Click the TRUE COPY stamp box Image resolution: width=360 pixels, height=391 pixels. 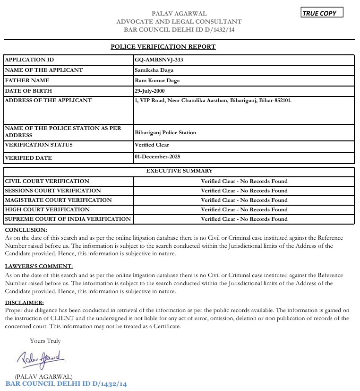coord(322,13)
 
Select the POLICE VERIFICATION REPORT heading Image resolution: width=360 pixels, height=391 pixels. coord(163,47)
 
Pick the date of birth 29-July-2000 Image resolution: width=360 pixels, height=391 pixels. coord(150,91)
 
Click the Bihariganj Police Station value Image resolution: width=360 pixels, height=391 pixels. coord(165,132)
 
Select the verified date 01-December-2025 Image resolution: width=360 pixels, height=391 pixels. coord(157,156)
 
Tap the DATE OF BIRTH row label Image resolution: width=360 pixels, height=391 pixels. coord(28,91)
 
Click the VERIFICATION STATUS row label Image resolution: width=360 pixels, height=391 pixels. coord(39,145)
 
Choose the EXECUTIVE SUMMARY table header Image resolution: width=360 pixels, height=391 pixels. coord(180,171)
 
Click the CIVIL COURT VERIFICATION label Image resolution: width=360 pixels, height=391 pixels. coord(47,181)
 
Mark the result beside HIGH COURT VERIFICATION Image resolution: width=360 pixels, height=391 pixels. coord(244,209)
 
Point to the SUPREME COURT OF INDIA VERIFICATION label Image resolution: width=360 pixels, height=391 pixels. coord(68,219)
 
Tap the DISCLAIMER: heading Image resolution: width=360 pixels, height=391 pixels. coord(24,302)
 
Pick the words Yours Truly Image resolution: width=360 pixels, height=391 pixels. coord(45,340)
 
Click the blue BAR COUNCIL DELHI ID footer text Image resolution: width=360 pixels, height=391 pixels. coord(66,384)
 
